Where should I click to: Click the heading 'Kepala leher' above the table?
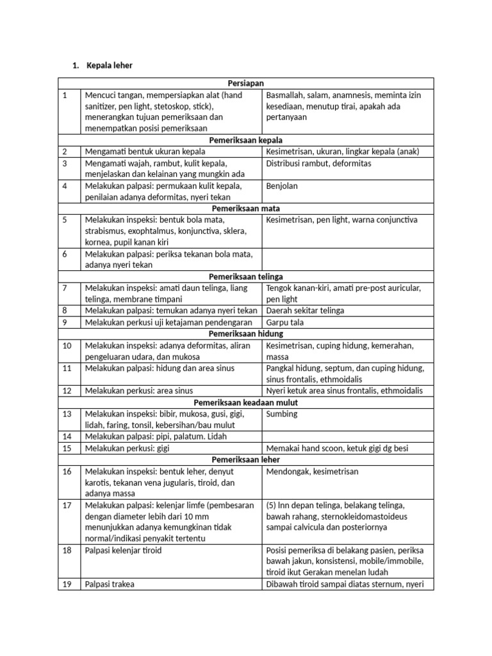[x=110, y=65]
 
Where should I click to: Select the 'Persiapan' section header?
[x=246, y=83]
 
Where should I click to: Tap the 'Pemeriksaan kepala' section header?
[x=246, y=140]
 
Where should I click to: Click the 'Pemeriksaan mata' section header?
[x=246, y=208]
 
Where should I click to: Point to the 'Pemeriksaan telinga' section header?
[x=246, y=276]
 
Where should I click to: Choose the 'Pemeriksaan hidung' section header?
[x=246, y=334]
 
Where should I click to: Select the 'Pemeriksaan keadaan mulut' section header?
[x=246, y=402]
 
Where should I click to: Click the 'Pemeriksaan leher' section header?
[x=246, y=459]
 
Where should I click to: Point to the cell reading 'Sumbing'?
[x=281, y=414]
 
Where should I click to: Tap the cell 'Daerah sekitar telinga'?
[x=305, y=311]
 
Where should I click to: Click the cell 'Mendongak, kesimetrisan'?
[x=312, y=471]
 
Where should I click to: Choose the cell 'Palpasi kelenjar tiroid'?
[x=123, y=550]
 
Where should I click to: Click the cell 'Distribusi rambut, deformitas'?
[x=318, y=163]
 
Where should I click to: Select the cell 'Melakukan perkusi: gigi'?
[x=126, y=448]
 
